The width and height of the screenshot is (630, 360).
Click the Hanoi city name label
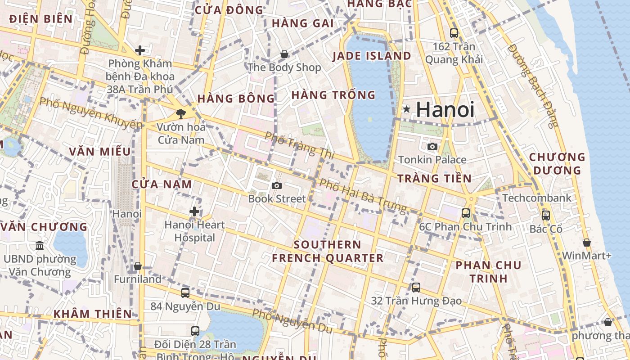coord(445,110)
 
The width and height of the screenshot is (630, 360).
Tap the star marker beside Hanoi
coord(407,109)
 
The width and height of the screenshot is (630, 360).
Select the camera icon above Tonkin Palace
coord(432,146)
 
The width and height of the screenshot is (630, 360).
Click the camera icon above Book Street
coord(277,185)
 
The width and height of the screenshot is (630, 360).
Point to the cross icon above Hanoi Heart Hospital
coord(194,211)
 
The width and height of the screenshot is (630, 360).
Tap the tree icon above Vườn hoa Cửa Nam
coord(181,113)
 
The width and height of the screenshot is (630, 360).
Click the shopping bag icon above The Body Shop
coord(284,54)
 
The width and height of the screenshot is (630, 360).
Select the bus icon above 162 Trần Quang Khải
coord(454,33)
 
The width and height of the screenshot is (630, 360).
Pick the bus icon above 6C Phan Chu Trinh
coord(465,213)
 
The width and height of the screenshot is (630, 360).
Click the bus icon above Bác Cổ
coord(546,216)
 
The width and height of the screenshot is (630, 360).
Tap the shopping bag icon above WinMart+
coord(586,243)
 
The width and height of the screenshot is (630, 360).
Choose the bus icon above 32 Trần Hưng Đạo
coord(416,287)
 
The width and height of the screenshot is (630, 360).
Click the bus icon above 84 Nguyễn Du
coord(185,293)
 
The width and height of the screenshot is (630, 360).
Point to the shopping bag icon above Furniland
coord(138,266)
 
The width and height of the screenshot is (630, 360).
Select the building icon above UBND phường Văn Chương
coord(40,246)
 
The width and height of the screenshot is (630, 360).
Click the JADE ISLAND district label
coord(372,56)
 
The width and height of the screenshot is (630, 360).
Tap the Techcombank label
coord(536,198)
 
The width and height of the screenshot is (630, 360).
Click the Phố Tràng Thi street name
coord(300,145)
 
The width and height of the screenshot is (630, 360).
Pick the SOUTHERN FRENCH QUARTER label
coord(328,252)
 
